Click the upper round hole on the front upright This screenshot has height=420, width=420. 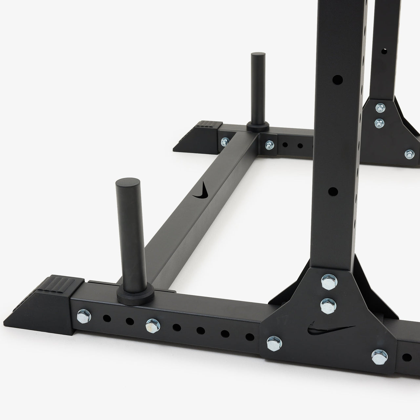point(338,79)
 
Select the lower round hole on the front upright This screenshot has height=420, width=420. point(333,191)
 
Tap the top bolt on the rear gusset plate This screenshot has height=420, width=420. point(380,107)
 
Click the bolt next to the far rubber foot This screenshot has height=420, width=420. point(225,141)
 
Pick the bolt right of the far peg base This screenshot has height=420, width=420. point(269,144)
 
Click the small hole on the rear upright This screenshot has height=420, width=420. point(384,51)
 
